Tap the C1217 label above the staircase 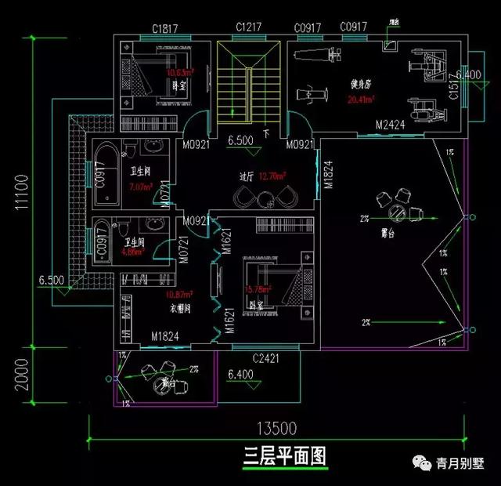(249, 27)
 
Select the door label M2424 (389, 125)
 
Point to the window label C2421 (266, 358)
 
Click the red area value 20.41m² (361, 100)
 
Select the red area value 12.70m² (272, 176)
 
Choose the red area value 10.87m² (180, 295)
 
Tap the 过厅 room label (247, 176)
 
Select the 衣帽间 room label (181, 308)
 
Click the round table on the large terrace (398, 210)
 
